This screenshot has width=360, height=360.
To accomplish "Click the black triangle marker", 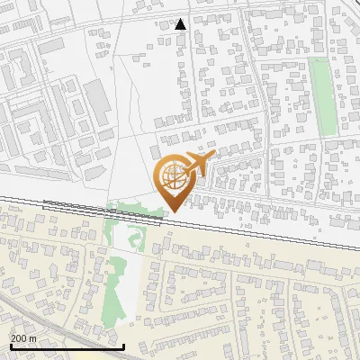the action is coord(181,24).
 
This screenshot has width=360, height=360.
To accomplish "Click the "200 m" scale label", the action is coord(22,337).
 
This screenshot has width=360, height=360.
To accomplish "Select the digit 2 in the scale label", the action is coord(13,337).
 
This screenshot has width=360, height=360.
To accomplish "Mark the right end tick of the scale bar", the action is coord(123,345).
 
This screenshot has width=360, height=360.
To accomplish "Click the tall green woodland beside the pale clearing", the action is coord(115,288).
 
